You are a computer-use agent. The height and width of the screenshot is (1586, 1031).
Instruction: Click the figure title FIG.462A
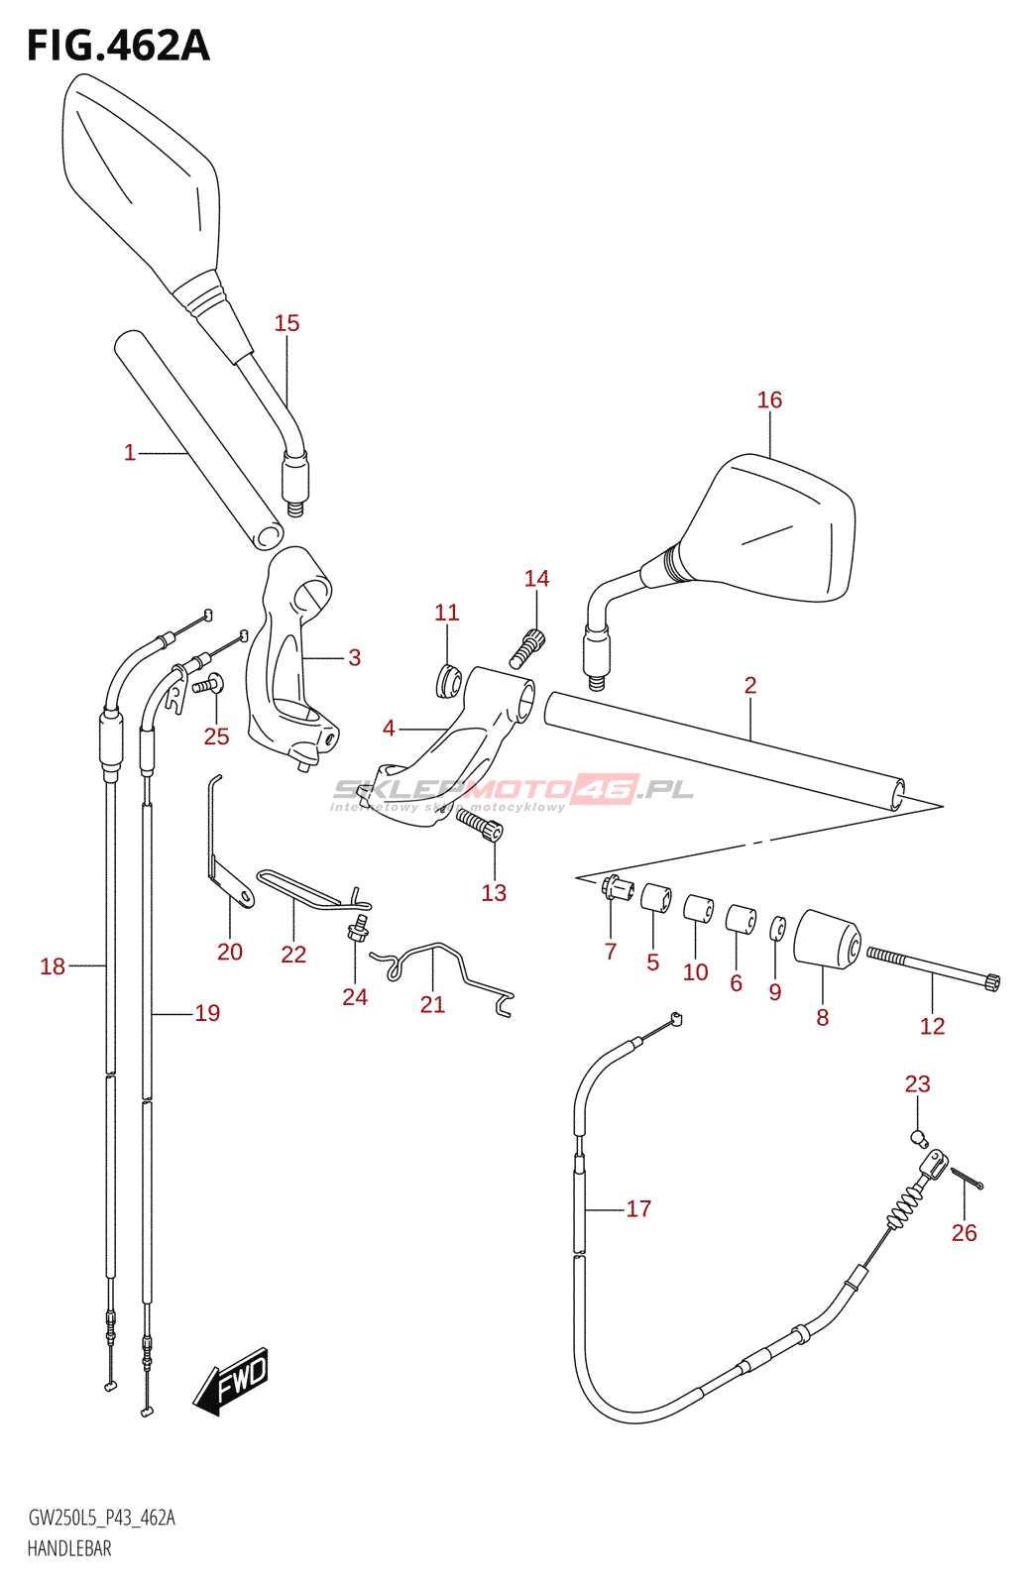[x=118, y=46]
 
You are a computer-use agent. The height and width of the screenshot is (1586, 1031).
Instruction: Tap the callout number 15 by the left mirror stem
[x=286, y=323]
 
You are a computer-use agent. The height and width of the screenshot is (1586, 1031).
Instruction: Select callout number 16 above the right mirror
[x=769, y=399]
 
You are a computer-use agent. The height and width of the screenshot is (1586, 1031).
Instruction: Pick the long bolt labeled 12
[x=933, y=967]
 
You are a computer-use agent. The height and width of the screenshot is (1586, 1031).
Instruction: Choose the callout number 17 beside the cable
[x=638, y=1208]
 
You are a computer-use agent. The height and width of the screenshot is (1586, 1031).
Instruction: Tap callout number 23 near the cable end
[x=917, y=1084]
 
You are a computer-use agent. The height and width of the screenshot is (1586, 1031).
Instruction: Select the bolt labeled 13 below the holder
[x=480, y=824]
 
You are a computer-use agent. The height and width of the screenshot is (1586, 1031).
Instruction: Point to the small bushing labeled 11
[x=448, y=681]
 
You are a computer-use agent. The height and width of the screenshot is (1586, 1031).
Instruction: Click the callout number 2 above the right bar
[x=750, y=685]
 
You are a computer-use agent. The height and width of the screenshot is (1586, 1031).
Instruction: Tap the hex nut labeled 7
[x=615, y=888]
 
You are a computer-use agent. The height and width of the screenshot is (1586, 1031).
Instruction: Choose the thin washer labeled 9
[x=778, y=929]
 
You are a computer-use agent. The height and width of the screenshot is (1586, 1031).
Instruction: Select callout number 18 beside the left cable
[x=53, y=965]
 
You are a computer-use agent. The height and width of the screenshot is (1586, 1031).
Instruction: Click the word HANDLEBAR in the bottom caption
[x=69, y=1548]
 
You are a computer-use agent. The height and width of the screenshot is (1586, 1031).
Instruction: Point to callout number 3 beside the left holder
[x=354, y=657]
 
